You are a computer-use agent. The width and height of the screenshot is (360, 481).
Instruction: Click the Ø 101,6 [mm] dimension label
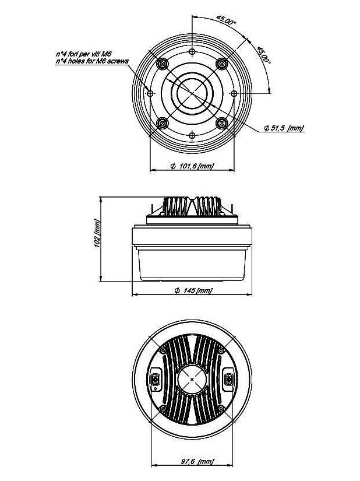coord(192,166)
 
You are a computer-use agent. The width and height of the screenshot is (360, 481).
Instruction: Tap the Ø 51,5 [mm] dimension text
coord(284,128)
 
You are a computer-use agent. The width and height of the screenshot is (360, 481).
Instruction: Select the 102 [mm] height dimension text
coord(97,233)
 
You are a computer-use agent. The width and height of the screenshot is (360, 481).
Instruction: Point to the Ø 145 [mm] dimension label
coord(193,290)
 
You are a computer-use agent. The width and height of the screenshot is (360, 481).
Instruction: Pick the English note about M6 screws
coord(92,61)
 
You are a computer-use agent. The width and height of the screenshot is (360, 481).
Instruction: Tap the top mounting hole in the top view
coord(192,51)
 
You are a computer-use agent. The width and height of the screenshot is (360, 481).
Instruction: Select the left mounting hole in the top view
coord(150,93)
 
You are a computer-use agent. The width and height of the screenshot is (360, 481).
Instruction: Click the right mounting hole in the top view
coord(234,93)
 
